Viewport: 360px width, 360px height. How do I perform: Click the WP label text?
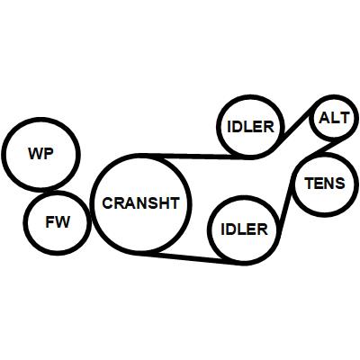[x=40, y=154]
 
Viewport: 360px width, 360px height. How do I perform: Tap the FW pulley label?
[x=58, y=222]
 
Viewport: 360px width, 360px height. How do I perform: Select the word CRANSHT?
[x=140, y=203]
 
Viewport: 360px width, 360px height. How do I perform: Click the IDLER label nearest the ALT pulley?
[x=251, y=127]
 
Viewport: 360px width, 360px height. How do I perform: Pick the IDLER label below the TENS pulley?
[x=244, y=229]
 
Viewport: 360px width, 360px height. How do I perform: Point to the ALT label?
[x=334, y=118]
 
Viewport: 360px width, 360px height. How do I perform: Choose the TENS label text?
[x=325, y=183]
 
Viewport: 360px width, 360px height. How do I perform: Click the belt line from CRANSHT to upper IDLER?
[x=195, y=156]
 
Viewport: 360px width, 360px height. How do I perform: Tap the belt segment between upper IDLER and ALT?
[x=295, y=128]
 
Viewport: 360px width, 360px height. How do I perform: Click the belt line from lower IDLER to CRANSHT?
[x=195, y=258]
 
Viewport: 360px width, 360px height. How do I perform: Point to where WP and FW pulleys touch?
[x=46, y=191]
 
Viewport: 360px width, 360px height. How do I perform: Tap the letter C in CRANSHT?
[x=108, y=203]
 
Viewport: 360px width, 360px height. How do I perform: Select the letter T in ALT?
[x=344, y=118]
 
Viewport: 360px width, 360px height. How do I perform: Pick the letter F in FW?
[x=49, y=222]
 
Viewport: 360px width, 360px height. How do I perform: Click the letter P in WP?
[x=49, y=154]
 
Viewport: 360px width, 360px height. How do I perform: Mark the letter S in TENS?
[x=340, y=183]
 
